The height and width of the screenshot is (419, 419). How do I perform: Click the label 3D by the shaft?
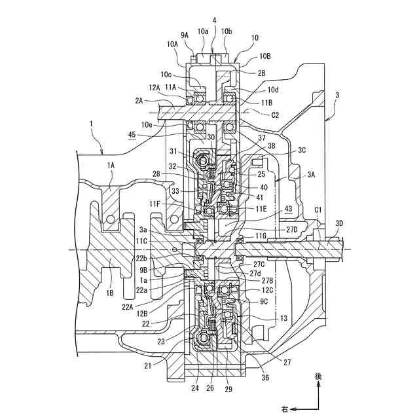tap(338, 223)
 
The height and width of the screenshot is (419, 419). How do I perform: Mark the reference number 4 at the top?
tap(214, 20)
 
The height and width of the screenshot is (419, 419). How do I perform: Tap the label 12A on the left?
tap(153, 86)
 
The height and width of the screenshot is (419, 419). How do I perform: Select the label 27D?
tap(291, 228)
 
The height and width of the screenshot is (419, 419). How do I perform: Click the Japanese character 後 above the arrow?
tap(319, 376)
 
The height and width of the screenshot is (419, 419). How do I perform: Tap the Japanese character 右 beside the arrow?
tap(285, 409)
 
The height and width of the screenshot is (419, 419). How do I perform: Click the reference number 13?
tap(283, 318)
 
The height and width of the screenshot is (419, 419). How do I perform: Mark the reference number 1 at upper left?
tap(92, 124)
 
